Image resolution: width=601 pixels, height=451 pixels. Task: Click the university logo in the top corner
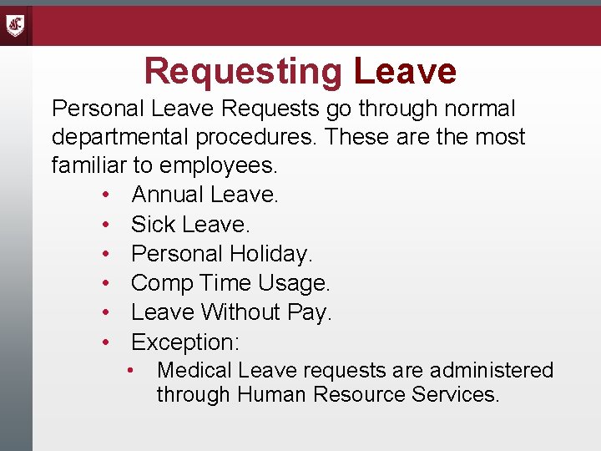pyautogui.click(x=16, y=25)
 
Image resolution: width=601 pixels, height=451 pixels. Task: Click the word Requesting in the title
pyautogui.click(x=243, y=72)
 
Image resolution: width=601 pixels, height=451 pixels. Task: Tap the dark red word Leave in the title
pyautogui.click(x=405, y=72)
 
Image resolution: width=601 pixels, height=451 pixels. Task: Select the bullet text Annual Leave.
pyautogui.click(x=205, y=195)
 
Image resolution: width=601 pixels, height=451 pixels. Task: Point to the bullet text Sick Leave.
pyautogui.click(x=191, y=225)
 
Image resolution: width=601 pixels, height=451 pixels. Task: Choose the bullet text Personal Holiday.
pyautogui.click(x=222, y=254)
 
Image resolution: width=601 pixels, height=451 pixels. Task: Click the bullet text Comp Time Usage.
pyautogui.click(x=231, y=283)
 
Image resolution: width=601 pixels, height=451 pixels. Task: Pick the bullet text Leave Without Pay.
pyautogui.click(x=231, y=312)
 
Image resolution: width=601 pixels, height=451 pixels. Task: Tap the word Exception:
pyautogui.click(x=185, y=342)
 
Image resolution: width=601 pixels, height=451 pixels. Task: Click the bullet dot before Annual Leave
pyautogui.click(x=108, y=195)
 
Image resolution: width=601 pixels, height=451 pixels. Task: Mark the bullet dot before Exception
pyautogui.click(x=108, y=342)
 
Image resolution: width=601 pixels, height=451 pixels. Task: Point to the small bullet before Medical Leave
pyautogui.click(x=131, y=370)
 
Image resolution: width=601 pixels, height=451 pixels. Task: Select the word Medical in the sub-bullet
pyautogui.click(x=189, y=370)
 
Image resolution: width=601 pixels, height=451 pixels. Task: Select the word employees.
pyautogui.click(x=218, y=165)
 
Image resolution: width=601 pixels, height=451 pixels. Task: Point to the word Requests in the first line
pyautogui.click(x=272, y=109)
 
